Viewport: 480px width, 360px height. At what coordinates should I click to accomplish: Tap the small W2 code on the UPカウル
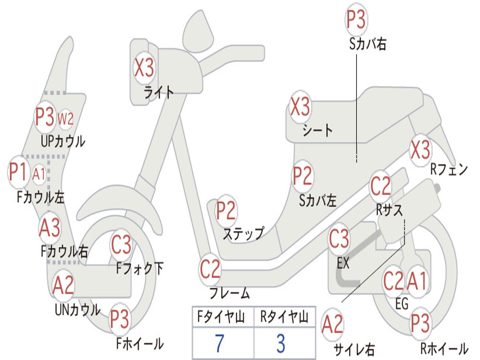pyautogui.click(x=66, y=119)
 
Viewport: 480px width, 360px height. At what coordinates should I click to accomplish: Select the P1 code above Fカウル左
pyautogui.click(x=19, y=172)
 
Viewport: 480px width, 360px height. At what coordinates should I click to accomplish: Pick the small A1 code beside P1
pyautogui.click(x=39, y=174)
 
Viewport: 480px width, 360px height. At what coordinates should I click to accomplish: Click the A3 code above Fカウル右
pyautogui.click(x=49, y=228)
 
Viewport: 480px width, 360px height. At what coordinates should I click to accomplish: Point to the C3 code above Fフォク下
pyautogui.click(x=121, y=244)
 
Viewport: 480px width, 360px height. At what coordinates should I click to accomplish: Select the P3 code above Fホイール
pyautogui.click(x=120, y=320)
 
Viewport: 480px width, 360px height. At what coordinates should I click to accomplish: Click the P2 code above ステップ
pyautogui.click(x=226, y=211)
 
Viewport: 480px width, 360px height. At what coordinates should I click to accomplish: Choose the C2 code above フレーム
pyautogui.click(x=210, y=270)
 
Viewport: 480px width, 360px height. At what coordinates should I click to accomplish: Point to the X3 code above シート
pyautogui.click(x=300, y=107)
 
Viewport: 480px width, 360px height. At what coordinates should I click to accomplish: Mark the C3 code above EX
pyautogui.click(x=339, y=240)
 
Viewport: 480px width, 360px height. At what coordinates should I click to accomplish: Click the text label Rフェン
pyautogui.click(x=449, y=170)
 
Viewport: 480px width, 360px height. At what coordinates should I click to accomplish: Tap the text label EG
pyautogui.click(x=402, y=303)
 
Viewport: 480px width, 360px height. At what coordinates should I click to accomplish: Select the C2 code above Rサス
pyautogui.click(x=380, y=187)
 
